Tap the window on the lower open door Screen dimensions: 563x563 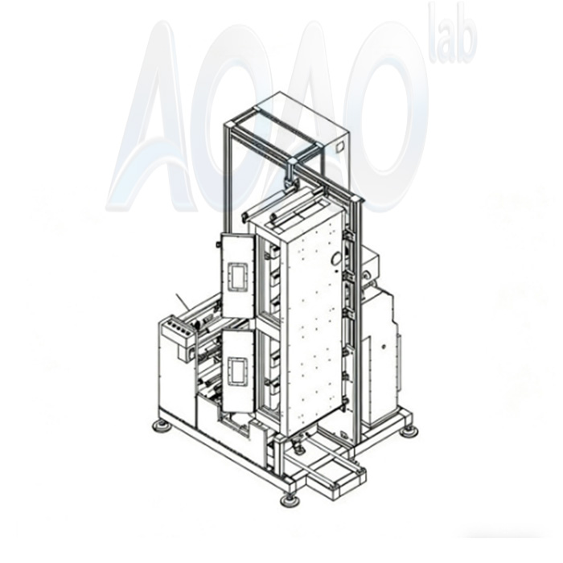pyautogui.click(x=238, y=372)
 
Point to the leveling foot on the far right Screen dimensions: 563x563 pyautogui.click(x=409, y=430)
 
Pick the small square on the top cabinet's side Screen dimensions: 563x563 pyautogui.click(x=339, y=148)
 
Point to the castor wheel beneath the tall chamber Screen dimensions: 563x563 pyautogui.click(x=298, y=441)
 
